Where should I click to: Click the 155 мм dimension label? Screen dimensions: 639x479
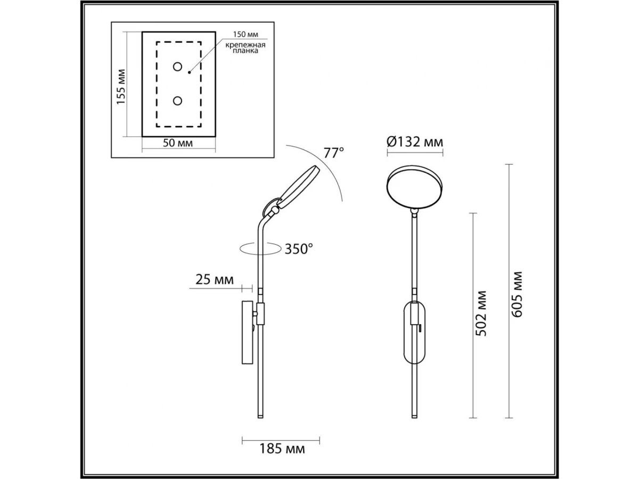point(120,87)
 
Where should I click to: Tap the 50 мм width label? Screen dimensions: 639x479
point(177,143)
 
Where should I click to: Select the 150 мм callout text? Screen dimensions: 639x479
point(245,34)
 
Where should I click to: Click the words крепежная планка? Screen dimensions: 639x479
point(245,48)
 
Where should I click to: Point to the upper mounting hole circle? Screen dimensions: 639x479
point(177,67)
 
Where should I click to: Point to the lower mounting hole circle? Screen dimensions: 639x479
point(177,101)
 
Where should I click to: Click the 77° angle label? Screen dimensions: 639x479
point(334,153)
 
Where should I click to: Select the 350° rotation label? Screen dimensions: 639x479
point(299,249)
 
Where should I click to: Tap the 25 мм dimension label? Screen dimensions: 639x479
point(214,279)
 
